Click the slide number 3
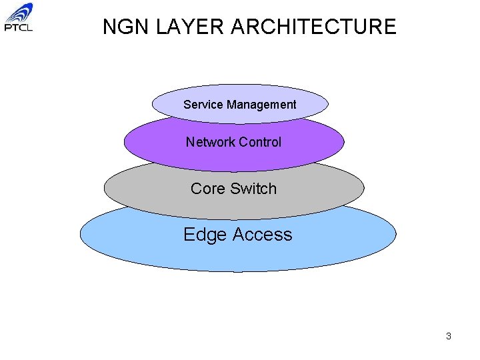click(449, 336)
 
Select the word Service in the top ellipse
click(203, 105)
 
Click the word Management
click(261, 105)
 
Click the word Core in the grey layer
click(207, 189)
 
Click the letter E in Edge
click(189, 235)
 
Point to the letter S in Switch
click(234, 189)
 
